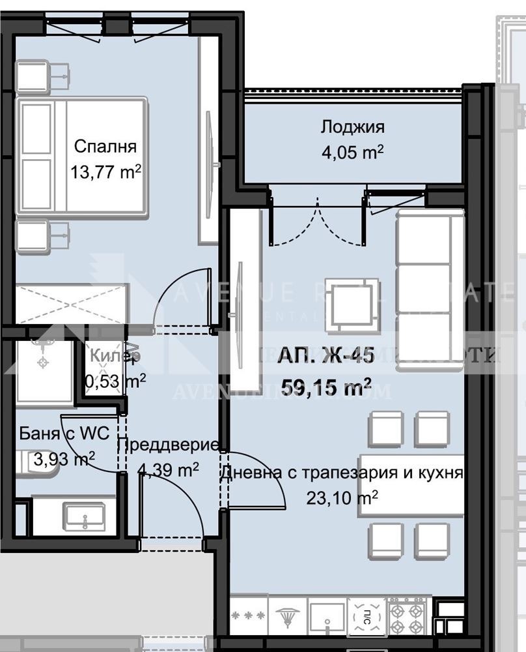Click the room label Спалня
tap(105, 145)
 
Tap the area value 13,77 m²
tap(106, 171)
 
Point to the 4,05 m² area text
tap(352, 153)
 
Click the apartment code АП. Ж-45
tap(325, 356)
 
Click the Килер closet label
tap(115, 356)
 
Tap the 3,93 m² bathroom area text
tap(64, 459)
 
